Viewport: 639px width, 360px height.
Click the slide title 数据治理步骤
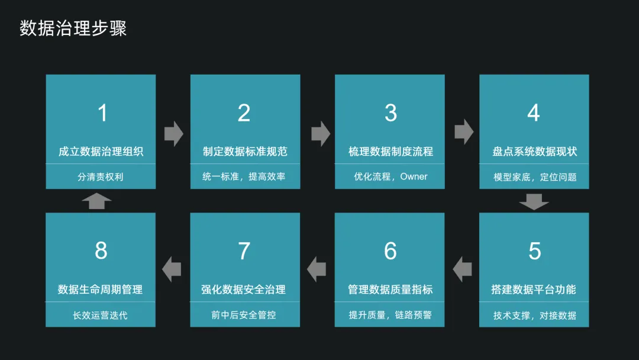[x=73, y=28]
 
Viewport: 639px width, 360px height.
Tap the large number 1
[x=102, y=112]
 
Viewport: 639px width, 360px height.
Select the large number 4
[x=534, y=112]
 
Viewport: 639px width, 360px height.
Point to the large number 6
[x=390, y=251]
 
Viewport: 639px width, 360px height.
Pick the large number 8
[x=101, y=251]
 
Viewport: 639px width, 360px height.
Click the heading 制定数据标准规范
[x=245, y=152]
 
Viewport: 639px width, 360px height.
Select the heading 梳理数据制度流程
[x=390, y=152]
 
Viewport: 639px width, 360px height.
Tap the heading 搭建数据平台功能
[x=533, y=290]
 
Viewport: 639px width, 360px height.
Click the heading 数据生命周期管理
[x=101, y=290]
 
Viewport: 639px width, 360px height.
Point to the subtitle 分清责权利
[x=101, y=177]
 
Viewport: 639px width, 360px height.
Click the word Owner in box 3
[x=414, y=176]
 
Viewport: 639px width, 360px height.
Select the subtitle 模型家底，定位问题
[x=535, y=177]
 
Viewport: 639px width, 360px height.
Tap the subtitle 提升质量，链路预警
[x=390, y=315]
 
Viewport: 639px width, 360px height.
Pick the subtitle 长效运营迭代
[x=101, y=315]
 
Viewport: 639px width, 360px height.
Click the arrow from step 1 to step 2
[x=173, y=133]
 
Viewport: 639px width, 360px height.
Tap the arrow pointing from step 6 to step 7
[x=317, y=269]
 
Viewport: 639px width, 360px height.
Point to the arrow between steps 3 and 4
[x=464, y=131]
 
